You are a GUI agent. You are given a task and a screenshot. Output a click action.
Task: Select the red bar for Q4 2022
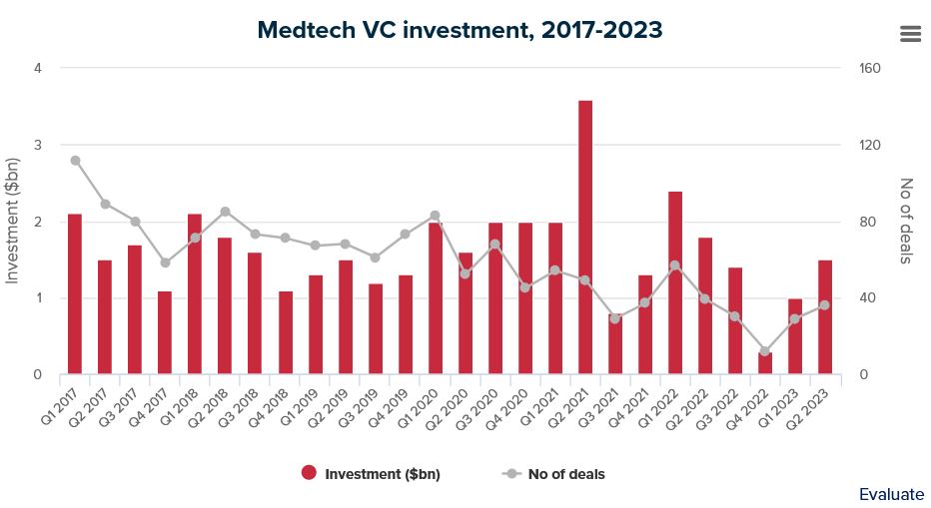(765, 364)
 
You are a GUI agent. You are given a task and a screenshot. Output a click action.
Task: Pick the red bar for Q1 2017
(75, 294)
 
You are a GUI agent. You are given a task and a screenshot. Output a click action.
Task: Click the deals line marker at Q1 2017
(75, 160)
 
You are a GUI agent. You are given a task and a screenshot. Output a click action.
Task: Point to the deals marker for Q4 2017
(165, 262)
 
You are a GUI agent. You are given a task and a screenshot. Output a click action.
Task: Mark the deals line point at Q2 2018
(225, 212)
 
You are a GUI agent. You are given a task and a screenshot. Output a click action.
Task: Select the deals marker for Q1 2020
(435, 216)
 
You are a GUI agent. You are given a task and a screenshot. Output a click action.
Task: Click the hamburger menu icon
(910, 33)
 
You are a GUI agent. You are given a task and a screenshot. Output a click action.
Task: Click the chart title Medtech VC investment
(460, 30)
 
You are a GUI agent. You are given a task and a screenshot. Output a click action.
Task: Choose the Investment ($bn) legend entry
(371, 474)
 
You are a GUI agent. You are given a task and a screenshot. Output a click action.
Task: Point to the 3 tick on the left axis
(37, 145)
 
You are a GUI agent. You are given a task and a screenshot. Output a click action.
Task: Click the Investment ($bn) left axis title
(13, 221)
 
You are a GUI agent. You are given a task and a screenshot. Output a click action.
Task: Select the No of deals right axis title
(906, 221)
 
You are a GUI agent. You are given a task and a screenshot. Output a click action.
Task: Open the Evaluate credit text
(891, 494)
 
